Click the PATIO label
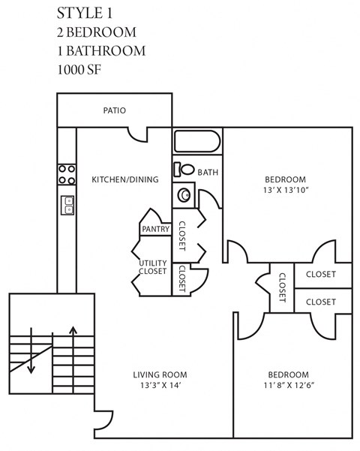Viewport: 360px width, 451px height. (114, 110)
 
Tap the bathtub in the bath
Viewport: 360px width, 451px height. (197, 142)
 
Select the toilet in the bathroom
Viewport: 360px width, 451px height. (183, 170)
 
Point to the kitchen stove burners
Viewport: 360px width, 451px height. (67, 174)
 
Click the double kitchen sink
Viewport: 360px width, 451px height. (67, 205)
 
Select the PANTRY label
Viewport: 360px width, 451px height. (156, 229)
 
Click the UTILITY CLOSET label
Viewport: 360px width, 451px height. (153, 266)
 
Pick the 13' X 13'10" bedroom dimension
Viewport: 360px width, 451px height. (286, 191)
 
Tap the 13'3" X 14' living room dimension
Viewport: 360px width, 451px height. (159, 386)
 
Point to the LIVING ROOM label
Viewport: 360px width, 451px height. (160, 374)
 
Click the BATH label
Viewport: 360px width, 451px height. (208, 173)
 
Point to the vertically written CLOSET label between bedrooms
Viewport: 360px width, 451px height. (282, 287)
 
